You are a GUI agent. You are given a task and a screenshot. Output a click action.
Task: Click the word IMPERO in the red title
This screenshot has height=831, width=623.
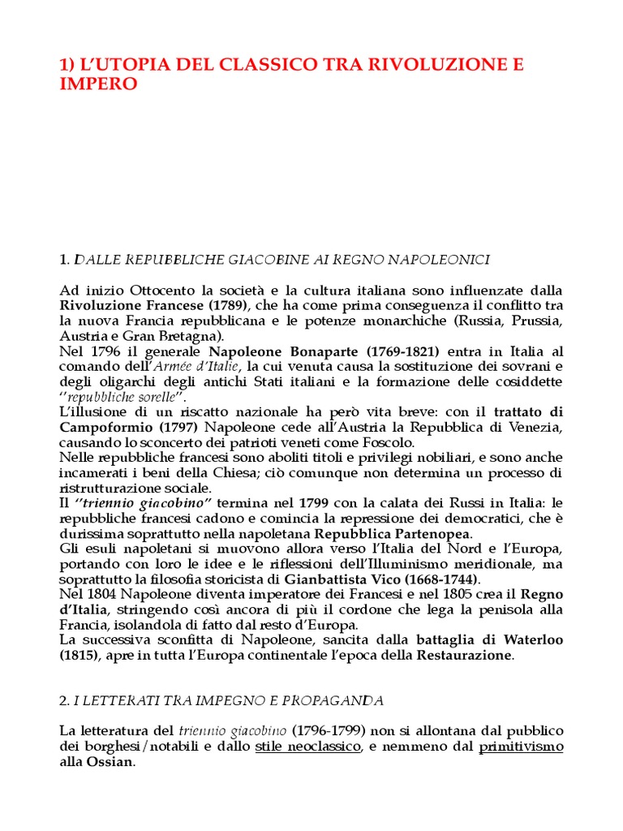coord(99,84)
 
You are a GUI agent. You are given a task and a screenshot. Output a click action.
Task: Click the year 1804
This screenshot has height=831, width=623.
coord(98,595)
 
